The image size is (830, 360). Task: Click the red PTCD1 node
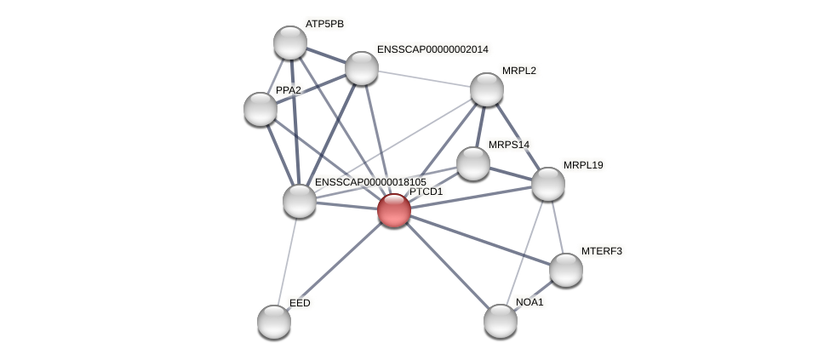tap(394, 210)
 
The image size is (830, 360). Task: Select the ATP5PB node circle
tap(290, 43)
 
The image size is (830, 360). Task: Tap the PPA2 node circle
tap(260, 109)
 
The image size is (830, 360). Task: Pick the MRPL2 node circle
tap(487, 89)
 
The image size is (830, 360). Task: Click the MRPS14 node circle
tap(473, 163)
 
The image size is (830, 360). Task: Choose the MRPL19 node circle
tap(548, 184)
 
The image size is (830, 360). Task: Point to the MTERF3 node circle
tap(566, 270)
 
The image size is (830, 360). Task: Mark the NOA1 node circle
tap(501, 321)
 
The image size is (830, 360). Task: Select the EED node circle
tap(274, 322)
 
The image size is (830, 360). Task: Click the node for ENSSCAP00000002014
tap(362, 68)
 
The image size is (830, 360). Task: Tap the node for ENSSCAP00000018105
tap(300, 201)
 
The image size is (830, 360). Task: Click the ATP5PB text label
tap(324, 24)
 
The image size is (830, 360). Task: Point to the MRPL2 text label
tap(518, 71)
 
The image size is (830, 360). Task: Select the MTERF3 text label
tap(601, 251)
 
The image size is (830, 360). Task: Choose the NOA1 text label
tap(529, 302)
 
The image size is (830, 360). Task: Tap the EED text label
tap(300, 303)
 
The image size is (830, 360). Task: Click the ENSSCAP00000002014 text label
tap(432, 49)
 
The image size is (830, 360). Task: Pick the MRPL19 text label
tap(582, 165)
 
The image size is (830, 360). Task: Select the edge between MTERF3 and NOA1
tap(534, 295)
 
